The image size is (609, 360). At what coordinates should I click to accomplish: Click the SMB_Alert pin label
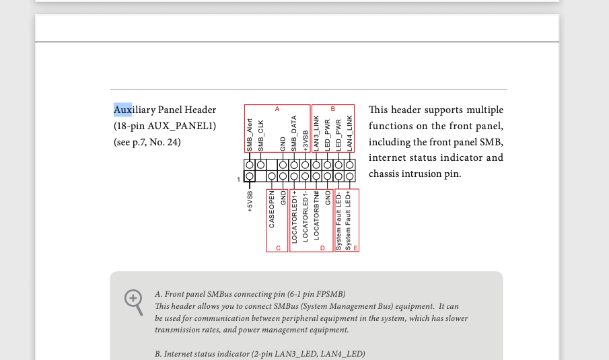(250, 135)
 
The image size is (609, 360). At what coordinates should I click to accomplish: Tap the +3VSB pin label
(305, 141)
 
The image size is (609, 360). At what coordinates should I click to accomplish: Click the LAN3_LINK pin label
(316, 133)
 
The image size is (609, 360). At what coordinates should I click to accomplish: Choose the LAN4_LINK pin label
(349, 133)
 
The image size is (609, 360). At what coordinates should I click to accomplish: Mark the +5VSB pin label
(250, 201)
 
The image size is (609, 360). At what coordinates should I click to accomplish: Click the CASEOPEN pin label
(272, 210)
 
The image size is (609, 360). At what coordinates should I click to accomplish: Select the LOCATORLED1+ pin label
(294, 216)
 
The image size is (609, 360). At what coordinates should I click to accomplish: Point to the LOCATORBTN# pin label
(316, 215)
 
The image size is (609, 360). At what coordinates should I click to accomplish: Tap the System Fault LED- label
(338, 220)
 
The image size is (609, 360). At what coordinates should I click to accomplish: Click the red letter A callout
(277, 109)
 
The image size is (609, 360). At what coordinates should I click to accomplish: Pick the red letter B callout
(332, 109)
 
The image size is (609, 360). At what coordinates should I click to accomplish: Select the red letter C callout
(278, 248)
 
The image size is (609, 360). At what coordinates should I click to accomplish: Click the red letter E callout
(355, 248)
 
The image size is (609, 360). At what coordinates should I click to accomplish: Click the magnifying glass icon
(134, 301)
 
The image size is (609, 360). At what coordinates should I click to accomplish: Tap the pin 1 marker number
(238, 180)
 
